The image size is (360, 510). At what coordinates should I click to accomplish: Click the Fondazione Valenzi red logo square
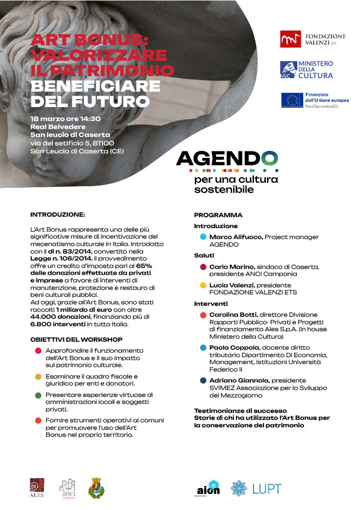click(x=290, y=39)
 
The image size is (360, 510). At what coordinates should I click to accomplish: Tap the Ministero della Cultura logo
click(x=306, y=70)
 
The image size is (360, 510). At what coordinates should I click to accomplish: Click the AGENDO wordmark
click(x=227, y=159)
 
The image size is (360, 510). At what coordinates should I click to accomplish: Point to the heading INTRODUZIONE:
click(x=58, y=215)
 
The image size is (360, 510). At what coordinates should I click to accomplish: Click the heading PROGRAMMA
click(x=218, y=215)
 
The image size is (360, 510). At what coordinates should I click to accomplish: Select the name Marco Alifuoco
click(x=236, y=237)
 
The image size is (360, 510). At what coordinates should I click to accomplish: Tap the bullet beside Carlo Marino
click(x=203, y=267)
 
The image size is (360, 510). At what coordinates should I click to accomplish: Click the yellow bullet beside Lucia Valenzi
click(x=203, y=285)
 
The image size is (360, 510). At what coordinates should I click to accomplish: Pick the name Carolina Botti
click(x=233, y=315)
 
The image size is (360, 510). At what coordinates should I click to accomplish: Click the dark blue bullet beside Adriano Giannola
click(x=203, y=381)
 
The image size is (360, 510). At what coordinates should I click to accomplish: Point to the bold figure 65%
click(x=143, y=266)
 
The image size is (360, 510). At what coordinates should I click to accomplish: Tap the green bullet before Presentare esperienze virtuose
click(x=38, y=395)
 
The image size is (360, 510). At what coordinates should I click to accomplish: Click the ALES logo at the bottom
click(x=37, y=488)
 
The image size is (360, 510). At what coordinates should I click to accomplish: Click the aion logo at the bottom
click(x=209, y=489)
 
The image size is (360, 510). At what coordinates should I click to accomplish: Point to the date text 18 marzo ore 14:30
click(x=66, y=119)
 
